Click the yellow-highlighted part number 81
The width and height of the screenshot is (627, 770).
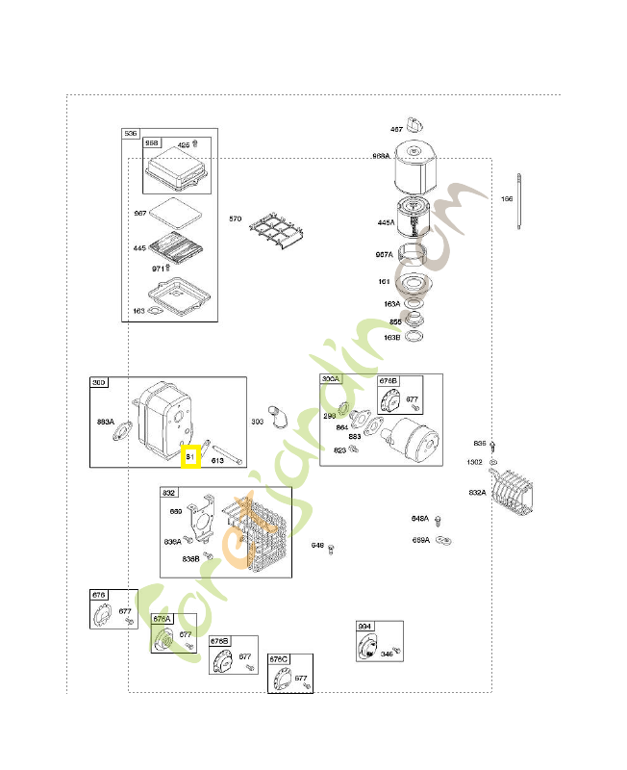[190, 456]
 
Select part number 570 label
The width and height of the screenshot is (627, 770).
[235, 219]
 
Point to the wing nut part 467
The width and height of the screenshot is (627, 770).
[415, 126]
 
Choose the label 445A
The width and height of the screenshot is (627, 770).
[386, 222]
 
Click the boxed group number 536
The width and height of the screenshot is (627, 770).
[131, 134]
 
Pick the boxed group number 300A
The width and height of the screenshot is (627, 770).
[331, 380]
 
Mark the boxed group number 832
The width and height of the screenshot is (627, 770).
[169, 493]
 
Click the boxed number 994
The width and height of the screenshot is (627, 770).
[364, 627]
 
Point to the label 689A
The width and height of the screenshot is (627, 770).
[420, 540]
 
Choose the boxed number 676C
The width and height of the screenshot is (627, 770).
[279, 659]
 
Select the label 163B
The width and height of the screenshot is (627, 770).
[391, 338]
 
